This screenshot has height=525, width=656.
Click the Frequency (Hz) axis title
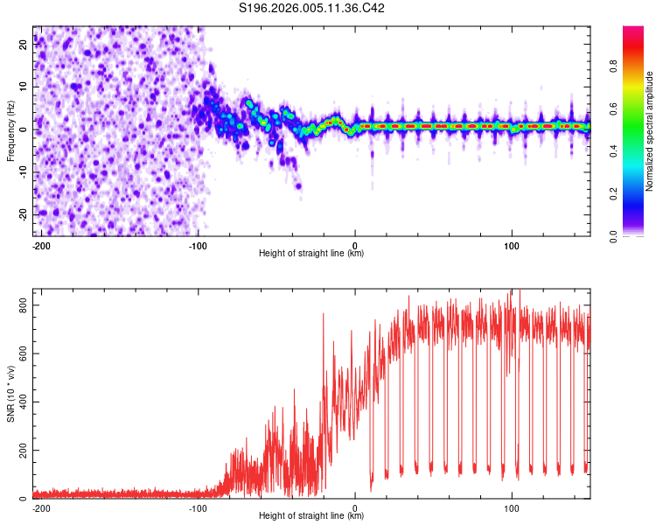(10, 131)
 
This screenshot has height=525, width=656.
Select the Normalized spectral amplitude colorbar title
(650, 131)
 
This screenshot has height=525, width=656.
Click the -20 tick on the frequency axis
(22, 214)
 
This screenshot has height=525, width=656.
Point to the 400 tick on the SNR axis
(21, 402)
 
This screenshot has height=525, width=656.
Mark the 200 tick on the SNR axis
(21, 451)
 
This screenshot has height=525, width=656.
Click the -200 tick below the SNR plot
(40, 507)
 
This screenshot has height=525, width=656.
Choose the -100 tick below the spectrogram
(198, 245)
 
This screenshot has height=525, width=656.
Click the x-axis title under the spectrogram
(311, 254)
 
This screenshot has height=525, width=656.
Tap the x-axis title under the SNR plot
(311, 516)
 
